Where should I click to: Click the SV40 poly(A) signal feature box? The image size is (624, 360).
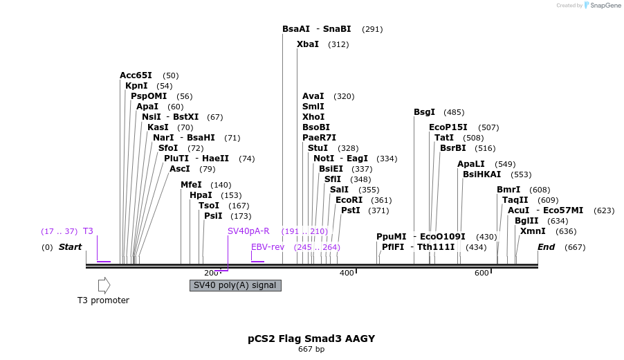tap(235, 285)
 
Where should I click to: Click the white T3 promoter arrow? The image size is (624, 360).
tap(104, 285)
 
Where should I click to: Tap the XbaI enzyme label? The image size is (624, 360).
tap(308, 44)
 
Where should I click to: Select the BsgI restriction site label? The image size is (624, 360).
tap(424, 112)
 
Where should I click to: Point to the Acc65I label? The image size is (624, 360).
tap(136, 75)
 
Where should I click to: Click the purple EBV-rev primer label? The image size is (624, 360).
tap(268, 247)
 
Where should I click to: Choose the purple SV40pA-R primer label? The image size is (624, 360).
tap(248, 231)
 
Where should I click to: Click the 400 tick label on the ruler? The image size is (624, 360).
tap(347, 273)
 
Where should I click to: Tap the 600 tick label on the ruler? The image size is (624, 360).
tap(481, 273)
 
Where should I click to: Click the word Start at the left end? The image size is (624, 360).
tap(70, 247)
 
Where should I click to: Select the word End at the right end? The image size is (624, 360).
tap(547, 247)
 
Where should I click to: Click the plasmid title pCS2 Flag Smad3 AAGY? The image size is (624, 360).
tap(311, 339)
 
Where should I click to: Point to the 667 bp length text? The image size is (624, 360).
tap(311, 350)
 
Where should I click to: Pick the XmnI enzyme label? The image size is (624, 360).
tap(533, 231)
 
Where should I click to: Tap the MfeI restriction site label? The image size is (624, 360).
tap(191, 185)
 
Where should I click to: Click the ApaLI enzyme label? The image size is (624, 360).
tap(472, 164)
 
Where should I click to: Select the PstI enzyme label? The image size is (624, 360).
tap(351, 210)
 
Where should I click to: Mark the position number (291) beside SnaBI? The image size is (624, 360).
tap(372, 29)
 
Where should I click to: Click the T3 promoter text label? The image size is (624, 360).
tap(103, 300)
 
